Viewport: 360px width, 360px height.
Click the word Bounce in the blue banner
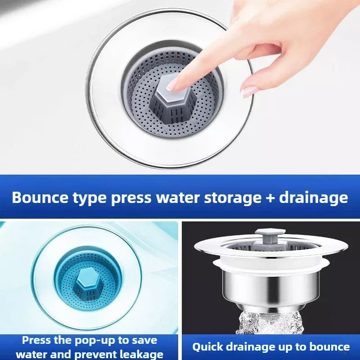pos(40,197)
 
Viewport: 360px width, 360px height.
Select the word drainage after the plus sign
pos(313,198)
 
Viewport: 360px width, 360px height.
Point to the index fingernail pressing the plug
pos(172,85)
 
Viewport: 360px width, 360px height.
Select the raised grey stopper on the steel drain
pos(265,238)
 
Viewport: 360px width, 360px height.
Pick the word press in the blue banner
pos(131,198)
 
